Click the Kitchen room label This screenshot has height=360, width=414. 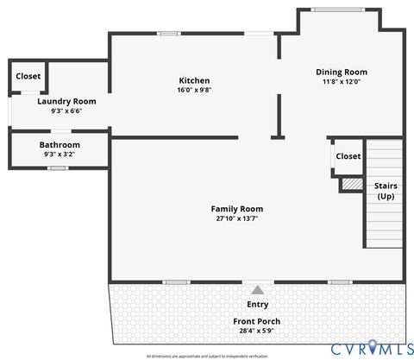194,81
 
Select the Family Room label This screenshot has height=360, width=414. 237,209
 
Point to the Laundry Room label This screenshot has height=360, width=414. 66,102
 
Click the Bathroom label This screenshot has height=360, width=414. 60,145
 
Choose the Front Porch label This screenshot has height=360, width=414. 257,322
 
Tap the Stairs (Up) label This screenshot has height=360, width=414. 386,191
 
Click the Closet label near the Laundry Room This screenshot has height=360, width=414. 28,77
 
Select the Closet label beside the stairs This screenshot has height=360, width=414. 348,156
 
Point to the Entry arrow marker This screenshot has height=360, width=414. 257,290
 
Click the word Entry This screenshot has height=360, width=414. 257,305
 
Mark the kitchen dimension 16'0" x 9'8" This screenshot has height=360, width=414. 194,90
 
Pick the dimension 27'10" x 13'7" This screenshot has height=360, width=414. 237,218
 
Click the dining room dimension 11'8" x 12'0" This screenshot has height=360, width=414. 342,82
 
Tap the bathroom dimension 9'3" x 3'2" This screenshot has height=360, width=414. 60,154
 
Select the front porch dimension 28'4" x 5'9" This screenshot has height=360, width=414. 257,331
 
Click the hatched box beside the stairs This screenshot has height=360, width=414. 351,184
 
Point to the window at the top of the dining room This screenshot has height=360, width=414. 338,9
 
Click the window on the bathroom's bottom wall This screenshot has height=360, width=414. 58,167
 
